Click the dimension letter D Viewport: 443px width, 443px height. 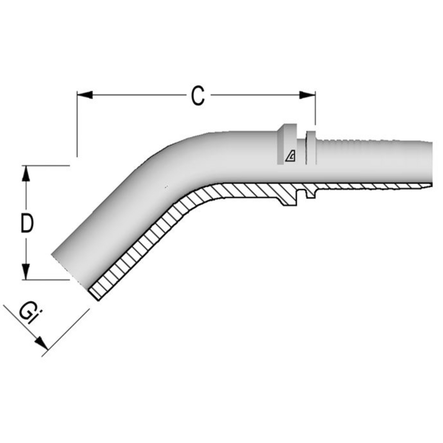pyautogui.click(x=27, y=223)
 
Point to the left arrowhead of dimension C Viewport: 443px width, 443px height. pyautogui.click(x=85, y=95)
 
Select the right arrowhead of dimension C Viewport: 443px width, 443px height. pyautogui.click(x=308, y=95)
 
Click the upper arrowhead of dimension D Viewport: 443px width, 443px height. pyautogui.click(x=26, y=173)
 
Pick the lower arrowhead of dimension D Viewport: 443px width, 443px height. pyautogui.click(x=26, y=272)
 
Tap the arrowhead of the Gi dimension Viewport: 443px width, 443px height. pyautogui.click(x=42, y=343)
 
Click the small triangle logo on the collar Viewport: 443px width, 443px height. pyautogui.click(x=290, y=156)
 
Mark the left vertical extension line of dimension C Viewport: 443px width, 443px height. pyautogui.click(x=77, y=124)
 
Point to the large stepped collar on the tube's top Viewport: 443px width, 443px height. pyautogui.click(x=287, y=144)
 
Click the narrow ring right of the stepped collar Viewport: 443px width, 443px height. pyautogui.click(x=311, y=147)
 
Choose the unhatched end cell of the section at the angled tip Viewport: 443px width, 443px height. pyautogui.click(x=94, y=294)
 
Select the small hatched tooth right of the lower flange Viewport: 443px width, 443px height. pyautogui.click(x=311, y=193)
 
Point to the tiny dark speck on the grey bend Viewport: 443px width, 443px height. pyautogui.click(x=166, y=186)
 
